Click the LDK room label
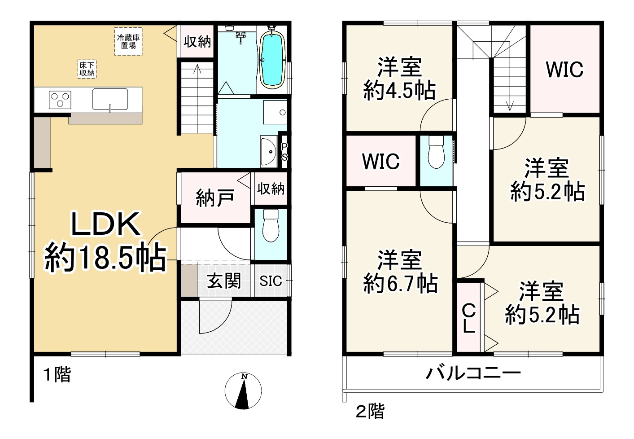pos(106,224)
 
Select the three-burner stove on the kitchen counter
pos(60,99)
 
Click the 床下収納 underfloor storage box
pos(87,69)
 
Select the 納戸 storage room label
pos(215,198)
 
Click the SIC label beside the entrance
pos(271,281)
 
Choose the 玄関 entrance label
pos(223,281)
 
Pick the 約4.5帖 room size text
pos(399,92)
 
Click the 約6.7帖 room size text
pos(401,283)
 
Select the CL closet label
pos(469,318)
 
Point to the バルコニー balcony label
pos(473,373)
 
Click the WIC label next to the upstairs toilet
pos(380,161)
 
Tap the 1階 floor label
pos(57,374)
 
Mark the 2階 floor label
pos(370,411)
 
